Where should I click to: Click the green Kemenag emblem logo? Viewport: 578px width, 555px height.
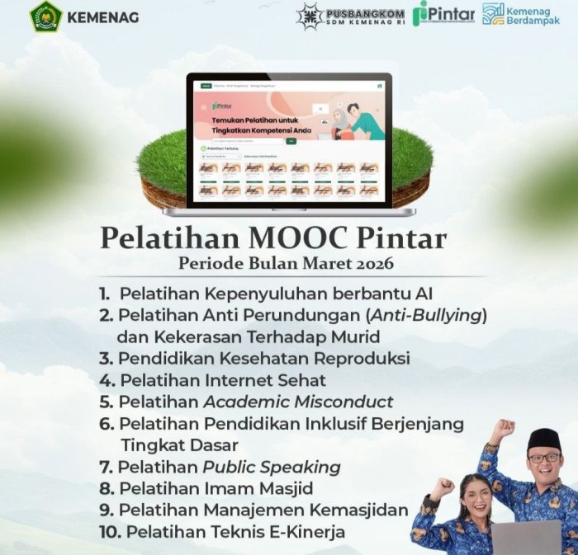tap(46, 17)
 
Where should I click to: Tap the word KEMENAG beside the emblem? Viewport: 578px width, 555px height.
tap(102, 17)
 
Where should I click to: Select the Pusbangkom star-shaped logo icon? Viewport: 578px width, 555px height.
tap(310, 16)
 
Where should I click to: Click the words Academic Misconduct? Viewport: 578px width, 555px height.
tap(298, 402)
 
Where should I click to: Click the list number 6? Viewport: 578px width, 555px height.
tap(106, 424)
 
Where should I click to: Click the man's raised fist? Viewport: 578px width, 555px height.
tap(501, 429)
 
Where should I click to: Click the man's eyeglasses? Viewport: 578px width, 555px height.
tap(543, 459)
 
